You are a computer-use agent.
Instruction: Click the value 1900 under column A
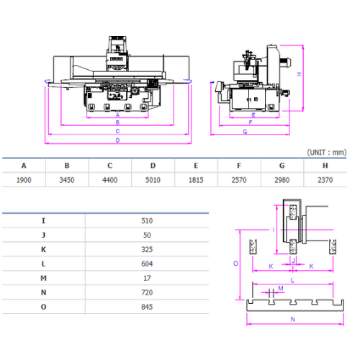coord(24,180)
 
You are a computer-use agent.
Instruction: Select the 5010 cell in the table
coord(153,180)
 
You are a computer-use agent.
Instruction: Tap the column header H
coord(325,166)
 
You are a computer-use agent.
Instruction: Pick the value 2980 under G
coord(282,180)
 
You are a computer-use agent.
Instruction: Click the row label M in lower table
coord(43,278)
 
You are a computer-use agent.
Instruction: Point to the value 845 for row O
coord(147,307)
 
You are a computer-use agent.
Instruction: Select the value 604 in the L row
coord(147,264)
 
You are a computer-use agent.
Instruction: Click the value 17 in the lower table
coord(147,278)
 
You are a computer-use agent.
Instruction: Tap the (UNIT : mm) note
coord(327,153)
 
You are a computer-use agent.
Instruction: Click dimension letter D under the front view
coord(117,140)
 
